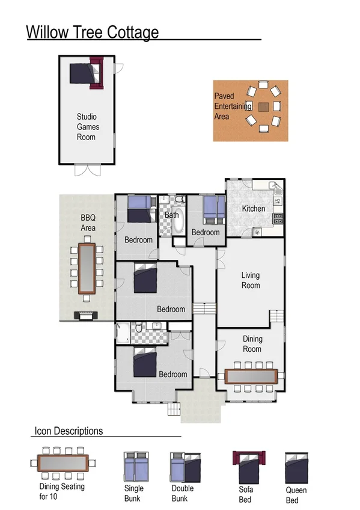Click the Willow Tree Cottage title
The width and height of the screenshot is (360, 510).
click(93, 32)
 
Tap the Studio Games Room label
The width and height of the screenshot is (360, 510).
click(87, 127)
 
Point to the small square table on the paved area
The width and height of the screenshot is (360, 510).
click(264, 107)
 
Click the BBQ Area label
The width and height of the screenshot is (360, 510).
click(88, 223)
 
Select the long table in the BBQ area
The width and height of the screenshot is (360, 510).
click(88, 268)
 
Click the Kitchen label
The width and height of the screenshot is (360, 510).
click(253, 209)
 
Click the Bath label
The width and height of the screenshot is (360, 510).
click(171, 215)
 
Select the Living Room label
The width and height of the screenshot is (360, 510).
click(251, 280)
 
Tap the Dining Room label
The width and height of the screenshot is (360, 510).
click(252, 344)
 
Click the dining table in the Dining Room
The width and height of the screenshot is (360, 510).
click(251, 376)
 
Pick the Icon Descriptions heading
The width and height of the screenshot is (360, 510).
click(69, 431)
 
